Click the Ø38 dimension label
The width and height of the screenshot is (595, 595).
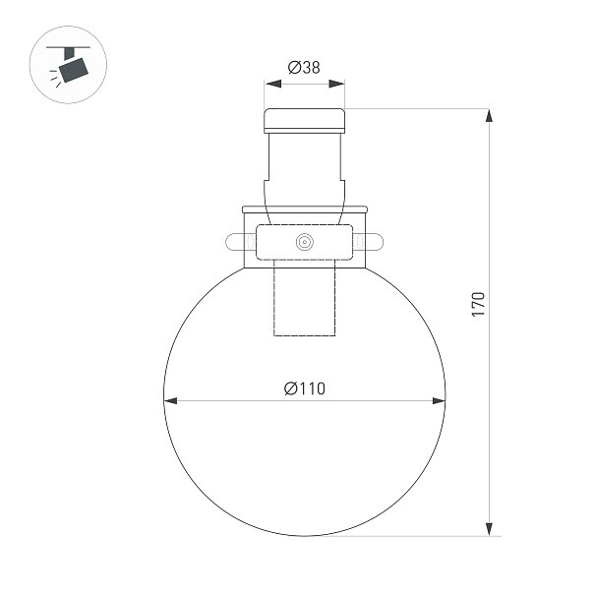pos(304,68)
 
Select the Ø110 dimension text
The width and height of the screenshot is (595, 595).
pos(305,388)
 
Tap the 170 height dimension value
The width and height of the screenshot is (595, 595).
pos(478,304)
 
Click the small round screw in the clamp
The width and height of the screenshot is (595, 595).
pos(304,242)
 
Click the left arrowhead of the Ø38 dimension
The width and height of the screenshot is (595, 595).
pos(273,84)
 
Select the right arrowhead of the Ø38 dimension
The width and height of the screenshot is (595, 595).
pos(336,84)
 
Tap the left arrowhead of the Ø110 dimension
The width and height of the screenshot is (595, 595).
pos(171,400)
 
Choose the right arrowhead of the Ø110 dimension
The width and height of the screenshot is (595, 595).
pos(439,400)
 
